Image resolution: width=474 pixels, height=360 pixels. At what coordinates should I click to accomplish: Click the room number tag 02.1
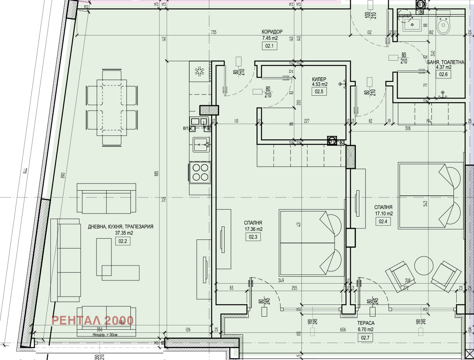pyautogui.click(x=270, y=46)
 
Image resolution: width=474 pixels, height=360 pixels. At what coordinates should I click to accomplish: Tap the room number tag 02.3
pyautogui.click(x=253, y=237)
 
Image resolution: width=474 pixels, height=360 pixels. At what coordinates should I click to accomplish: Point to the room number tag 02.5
pyautogui.click(x=319, y=92)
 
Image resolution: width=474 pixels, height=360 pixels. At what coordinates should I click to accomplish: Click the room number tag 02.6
pyautogui.click(x=443, y=74)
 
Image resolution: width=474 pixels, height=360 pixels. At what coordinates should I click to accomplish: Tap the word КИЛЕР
pyautogui.click(x=320, y=78)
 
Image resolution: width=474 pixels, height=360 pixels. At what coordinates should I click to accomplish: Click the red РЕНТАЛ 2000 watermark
pyautogui.click(x=93, y=320)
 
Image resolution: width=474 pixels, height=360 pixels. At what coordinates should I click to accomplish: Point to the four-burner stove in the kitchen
pyautogui.click(x=200, y=173)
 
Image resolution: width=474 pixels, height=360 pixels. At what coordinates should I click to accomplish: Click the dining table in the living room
pyautogui.click(x=112, y=108)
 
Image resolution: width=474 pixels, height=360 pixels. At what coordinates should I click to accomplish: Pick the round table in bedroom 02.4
pyautogui.click(x=423, y=266)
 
